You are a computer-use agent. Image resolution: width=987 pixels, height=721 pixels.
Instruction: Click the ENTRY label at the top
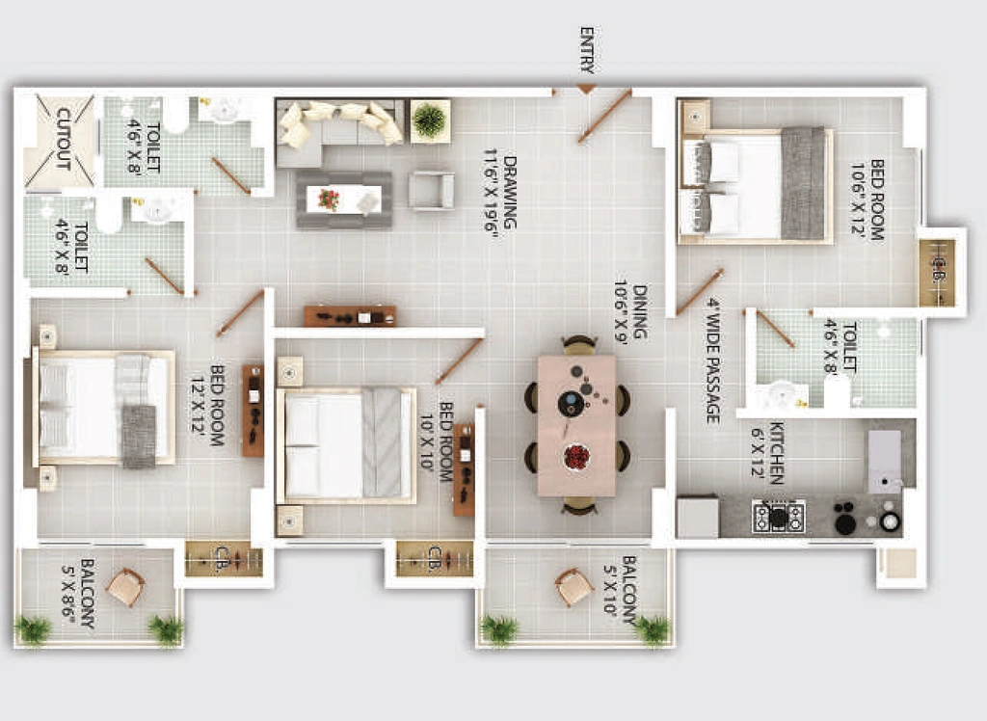point(587,50)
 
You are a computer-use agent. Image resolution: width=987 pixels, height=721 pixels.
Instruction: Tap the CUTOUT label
point(63,139)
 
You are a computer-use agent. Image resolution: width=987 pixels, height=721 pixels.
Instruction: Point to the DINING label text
point(640,311)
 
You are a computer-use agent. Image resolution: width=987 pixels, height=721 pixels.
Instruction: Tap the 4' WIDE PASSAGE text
point(712,360)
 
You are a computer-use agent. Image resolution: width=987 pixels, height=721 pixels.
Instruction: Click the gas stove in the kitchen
point(779,517)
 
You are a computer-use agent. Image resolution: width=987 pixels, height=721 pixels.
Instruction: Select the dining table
point(576,426)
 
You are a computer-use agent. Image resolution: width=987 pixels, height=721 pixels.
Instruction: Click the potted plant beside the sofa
point(430,120)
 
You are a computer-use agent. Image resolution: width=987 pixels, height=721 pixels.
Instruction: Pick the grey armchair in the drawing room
point(431,190)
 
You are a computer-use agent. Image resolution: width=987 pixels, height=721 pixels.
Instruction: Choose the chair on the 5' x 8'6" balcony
point(126,587)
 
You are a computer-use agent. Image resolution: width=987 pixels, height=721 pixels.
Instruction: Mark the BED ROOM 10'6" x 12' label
point(868,200)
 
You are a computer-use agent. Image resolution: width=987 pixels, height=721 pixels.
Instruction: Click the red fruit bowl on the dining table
point(576,457)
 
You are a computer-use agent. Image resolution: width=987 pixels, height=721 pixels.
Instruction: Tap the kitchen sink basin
point(885,462)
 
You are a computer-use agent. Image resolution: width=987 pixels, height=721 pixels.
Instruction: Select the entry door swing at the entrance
point(604,117)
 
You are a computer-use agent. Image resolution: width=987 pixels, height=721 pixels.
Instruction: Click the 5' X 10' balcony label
point(620,590)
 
